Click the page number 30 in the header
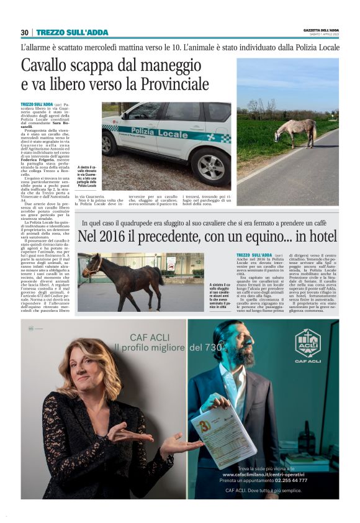click(x=24, y=32)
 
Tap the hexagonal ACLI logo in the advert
click(x=307, y=341)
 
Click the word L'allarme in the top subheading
click(x=36, y=47)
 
